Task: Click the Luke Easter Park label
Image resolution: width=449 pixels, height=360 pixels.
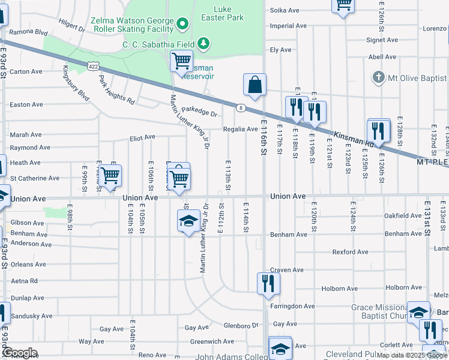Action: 230,13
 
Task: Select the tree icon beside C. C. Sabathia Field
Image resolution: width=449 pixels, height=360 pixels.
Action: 204,43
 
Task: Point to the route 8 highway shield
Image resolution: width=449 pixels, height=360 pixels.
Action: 240,107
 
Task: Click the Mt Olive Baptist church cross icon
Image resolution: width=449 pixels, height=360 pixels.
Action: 378,77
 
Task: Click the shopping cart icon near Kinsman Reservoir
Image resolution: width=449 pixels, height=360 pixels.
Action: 181,61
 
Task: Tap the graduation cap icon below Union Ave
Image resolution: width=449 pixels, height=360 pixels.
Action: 188,221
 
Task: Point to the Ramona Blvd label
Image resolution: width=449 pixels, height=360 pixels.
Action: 29,32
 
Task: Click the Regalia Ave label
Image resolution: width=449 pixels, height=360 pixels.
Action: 240,129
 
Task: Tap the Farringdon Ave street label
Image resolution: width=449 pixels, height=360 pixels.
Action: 292,306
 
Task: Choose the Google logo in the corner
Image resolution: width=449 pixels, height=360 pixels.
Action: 19,352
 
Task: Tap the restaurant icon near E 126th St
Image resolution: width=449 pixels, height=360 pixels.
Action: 378,130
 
